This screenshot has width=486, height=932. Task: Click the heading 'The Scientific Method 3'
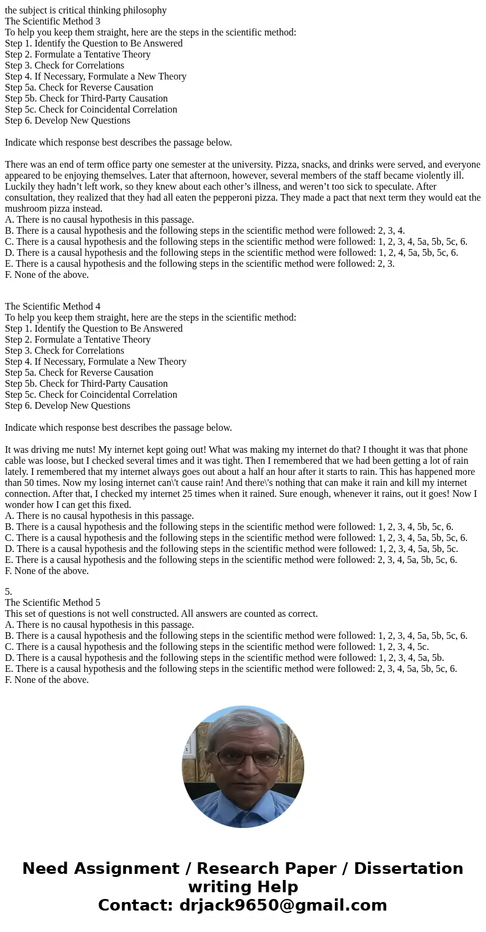point(53,21)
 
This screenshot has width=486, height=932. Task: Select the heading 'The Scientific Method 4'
point(53,307)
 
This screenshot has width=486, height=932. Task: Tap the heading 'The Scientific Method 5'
point(53,603)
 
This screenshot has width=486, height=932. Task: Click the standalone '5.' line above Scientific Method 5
point(9,592)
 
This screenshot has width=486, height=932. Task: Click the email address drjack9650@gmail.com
point(283,906)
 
